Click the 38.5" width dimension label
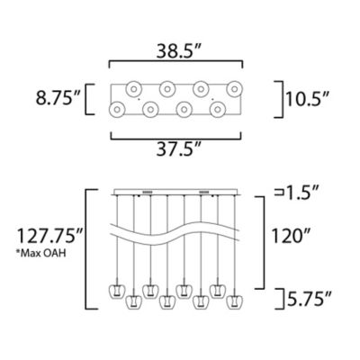(x=178, y=51)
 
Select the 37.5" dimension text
(x=178, y=149)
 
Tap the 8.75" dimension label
(x=58, y=98)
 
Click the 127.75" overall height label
(x=49, y=236)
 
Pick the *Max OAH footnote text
(x=41, y=253)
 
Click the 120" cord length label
(x=291, y=236)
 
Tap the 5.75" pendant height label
(x=310, y=299)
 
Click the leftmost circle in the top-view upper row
(x=133, y=89)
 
